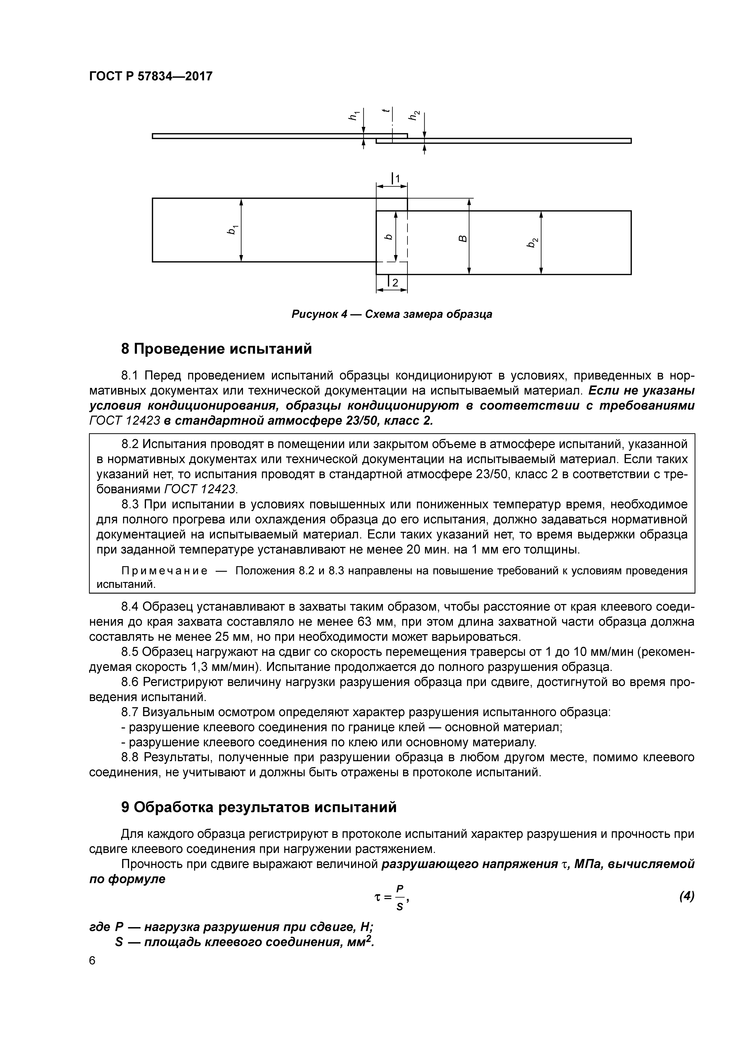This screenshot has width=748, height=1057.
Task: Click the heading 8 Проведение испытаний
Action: coord(217,349)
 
